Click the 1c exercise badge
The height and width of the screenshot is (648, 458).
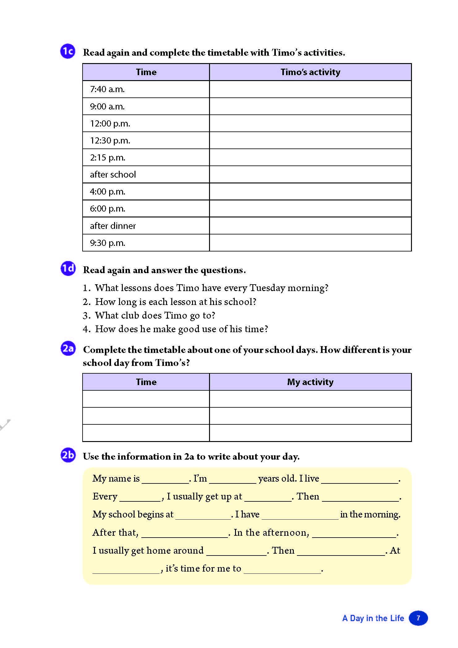(x=68, y=51)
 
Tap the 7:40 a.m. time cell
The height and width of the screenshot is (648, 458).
(x=146, y=89)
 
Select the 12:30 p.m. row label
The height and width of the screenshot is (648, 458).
(x=146, y=141)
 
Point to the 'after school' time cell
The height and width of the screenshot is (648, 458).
(x=146, y=174)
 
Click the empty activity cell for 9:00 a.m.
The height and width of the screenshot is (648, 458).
(x=310, y=106)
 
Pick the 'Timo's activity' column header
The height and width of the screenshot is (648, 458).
(x=310, y=72)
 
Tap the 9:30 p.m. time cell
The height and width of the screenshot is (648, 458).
(x=146, y=243)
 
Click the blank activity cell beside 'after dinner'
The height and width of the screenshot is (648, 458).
(x=310, y=226)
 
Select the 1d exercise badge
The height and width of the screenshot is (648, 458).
(x=68, y=268)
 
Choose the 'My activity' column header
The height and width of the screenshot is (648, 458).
(x=310, y=382)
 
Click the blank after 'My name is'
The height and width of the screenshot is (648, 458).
(x=165, y=479)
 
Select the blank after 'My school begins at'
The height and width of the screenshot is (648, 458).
(x=203, y=515)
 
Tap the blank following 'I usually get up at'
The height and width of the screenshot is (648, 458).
(x=268, y=497)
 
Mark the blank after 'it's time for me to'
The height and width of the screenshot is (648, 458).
(x=282, y=570)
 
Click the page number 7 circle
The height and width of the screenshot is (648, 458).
(x=418, y=618)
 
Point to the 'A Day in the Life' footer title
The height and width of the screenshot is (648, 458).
(x=373, y=618)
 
